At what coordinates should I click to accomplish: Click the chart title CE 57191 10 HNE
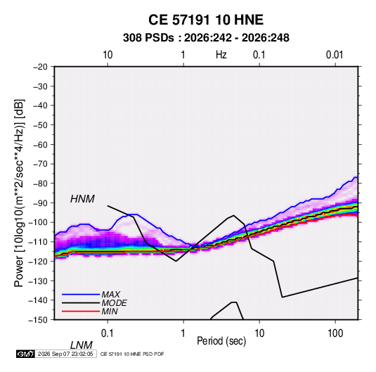(206, 20)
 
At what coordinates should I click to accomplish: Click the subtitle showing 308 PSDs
(206, 38)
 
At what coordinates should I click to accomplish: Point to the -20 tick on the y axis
(40, 67)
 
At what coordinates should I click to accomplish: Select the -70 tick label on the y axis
(40, 164)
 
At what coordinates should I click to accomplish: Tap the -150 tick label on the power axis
(38, 320)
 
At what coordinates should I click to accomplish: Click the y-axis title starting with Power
(19, 193)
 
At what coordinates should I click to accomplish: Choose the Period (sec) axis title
(221, 341)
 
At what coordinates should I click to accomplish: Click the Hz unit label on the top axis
(221, 55)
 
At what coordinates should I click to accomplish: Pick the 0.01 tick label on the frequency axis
(335, 55)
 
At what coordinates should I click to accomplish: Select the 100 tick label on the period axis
(335, 333)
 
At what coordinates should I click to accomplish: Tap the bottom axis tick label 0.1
(107, 333)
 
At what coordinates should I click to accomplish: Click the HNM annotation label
(82, 199)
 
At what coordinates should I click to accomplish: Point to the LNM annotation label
(81, 345)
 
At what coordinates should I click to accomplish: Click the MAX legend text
(111, 295)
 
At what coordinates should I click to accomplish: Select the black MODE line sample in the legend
(81, 303)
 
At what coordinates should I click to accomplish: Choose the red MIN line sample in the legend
(81, 312)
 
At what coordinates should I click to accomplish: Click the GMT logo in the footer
(26, 354)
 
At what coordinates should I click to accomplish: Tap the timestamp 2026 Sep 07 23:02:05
(65, 354)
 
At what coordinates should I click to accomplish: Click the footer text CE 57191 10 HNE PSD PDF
(132, 354)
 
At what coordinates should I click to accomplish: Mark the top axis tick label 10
(108, 55)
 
